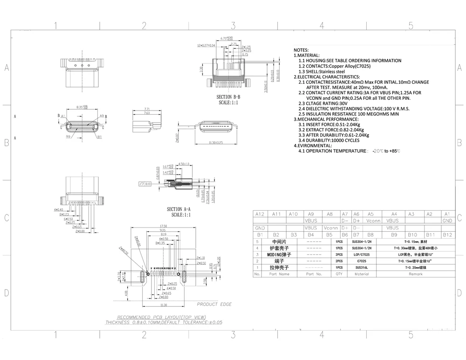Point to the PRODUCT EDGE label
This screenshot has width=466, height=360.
[x=214, y=305]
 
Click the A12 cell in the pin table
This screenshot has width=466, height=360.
[x=260, y=214]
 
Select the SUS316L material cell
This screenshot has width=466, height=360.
[x=362, y=268]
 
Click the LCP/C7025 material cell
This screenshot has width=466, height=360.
[x=362, y=255]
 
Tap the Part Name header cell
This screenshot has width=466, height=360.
[x=279, y=274]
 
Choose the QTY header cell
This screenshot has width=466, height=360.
[x=339, y=274]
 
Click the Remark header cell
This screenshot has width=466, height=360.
[x=416, y=274]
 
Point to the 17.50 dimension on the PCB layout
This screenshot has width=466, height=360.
[x=163, y=226]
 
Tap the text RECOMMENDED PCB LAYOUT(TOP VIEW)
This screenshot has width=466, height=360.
[x=156, y=317]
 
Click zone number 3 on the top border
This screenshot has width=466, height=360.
[x=233, y=25]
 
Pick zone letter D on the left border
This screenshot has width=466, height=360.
[x=7, y=293]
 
